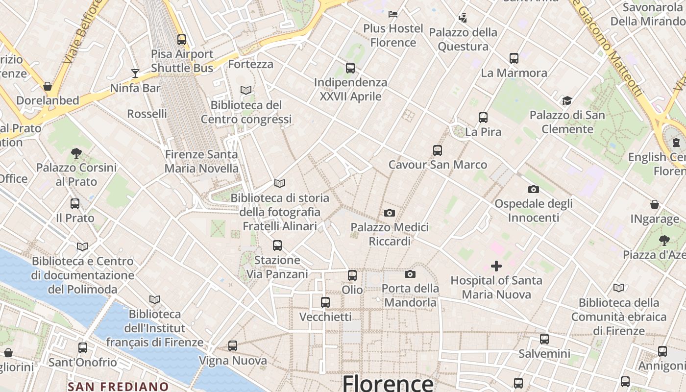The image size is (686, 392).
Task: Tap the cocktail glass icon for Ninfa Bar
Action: [x=135, y=73]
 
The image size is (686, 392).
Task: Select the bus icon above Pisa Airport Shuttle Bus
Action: [x=182, y=40]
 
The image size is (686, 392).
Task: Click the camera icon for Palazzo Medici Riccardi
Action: [x=390, y=213]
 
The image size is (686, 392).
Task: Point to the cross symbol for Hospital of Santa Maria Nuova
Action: [x=496, y=266]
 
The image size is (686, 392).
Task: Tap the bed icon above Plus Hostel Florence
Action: [x=393, y=14]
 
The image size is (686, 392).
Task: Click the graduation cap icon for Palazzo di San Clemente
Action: [x=567, y=101]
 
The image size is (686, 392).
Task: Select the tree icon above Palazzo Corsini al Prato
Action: [x=76, y=153]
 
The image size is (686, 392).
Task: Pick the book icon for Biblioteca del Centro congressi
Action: [x=246, y=90]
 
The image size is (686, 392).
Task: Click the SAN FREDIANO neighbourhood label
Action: [x=118, y=386]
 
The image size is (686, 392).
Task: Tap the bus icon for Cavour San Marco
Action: [x=438, y=150]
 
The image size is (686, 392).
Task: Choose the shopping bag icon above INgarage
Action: [x=655, y=204]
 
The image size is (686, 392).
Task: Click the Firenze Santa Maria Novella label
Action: [x=201, y=161]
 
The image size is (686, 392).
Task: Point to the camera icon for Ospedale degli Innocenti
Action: [x=534, y=189]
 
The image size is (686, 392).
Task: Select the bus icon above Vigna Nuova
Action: [x=233, y=346]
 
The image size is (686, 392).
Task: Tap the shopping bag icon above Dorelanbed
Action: [x=48, y=86]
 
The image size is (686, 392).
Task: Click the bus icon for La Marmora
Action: [x=514, y=58]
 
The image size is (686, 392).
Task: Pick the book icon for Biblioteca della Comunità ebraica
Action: [x=619, y=288]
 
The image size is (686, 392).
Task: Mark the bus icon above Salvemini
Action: [x=544, y=339]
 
